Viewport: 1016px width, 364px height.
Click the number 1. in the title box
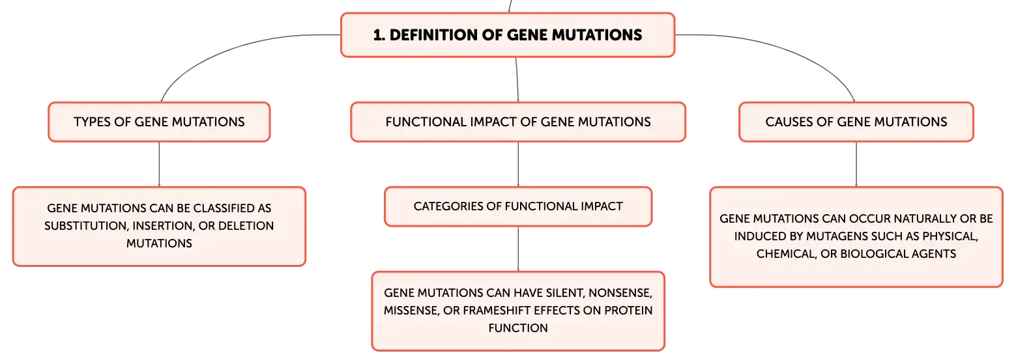(379, 35)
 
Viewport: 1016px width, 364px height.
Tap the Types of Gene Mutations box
(159, 122)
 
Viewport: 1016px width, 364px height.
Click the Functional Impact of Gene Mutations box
(518, 122)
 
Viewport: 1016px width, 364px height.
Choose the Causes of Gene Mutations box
(856, 122)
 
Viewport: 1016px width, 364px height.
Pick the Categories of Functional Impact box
(518, 206)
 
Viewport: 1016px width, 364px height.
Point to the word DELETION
(246, 226)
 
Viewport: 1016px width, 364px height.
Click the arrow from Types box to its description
(159, 164)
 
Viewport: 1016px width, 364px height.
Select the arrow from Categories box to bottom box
(518, 249)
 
